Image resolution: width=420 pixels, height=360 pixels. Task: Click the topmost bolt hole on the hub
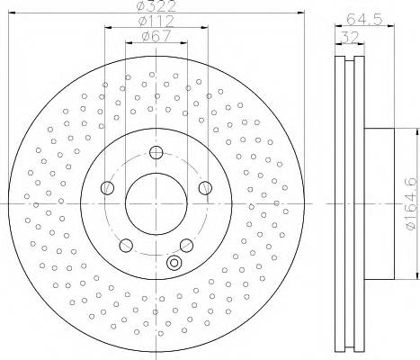(x=156, y=153)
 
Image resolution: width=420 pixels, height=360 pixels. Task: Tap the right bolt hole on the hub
(x=204, y=187)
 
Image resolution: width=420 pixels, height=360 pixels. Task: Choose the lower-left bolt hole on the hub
(x=126, y=245)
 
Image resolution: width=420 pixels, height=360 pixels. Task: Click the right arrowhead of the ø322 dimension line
(x=302, y=15)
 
